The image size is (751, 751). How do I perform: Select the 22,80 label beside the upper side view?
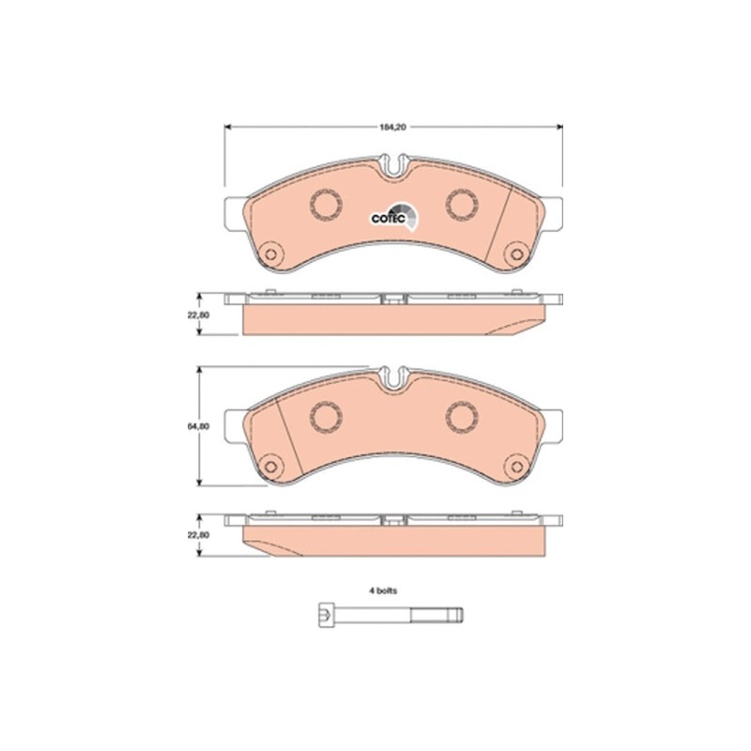point(196,315)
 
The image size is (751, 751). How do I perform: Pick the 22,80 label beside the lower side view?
point(196,534)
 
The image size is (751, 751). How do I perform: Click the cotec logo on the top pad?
point(391,216)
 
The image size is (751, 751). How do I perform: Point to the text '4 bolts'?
point(383,592)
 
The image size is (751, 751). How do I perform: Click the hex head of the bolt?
point(321,617)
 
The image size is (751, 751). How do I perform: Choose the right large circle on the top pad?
point(460,202)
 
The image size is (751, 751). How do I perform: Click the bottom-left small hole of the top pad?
point(272,253)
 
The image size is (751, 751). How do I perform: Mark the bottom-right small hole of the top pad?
point(513,253)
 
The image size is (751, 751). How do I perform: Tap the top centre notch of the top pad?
point(393,169)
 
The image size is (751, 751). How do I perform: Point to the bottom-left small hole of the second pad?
point(272,465)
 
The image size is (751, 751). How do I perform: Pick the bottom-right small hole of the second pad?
point(513,465)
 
